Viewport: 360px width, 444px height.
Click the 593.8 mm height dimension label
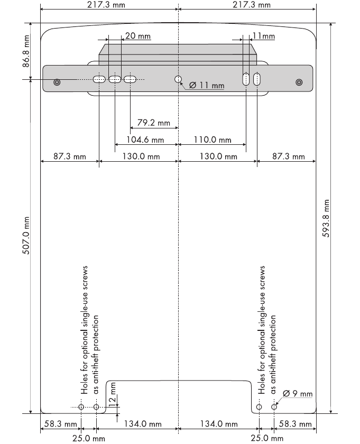pyautogui.click(x=326, y=218)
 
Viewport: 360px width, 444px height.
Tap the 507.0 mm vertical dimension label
pyautogui.click(x=26, y=236)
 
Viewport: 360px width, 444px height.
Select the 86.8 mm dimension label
pyautogui.click(x=26, y=51)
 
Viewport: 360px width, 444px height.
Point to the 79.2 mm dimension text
pyautogui.click(x=153, y=123)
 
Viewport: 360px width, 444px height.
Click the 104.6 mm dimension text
pyautogui.click(x=145, y=140)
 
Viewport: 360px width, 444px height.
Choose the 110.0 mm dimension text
pyautogui.click(x=213, y=140)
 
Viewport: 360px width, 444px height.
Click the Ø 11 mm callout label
pyautogui.click(x=207, y=85)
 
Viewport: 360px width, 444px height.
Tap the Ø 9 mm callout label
pyautogui.click(x=298, y=393)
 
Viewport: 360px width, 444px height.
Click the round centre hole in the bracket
pyautogui.click(x=178, y=79)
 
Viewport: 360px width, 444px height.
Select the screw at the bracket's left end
pyautogui.click(x=57, y=82)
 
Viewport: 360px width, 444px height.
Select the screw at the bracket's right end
pyautogui.click(x=299, y=82)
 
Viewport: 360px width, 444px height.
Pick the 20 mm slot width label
pyautogui.click(x=138, y=36)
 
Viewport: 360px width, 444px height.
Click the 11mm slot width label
pyautogui.click(x=264, y=36)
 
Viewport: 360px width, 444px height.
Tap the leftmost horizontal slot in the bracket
pyautogui.click(x=99, y=79)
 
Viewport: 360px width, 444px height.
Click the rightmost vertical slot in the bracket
pyautogui.click(x=257, y=79)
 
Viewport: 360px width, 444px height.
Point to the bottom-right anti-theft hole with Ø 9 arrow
pyautogui.click(x=274, y=407)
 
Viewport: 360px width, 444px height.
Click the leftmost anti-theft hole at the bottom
pyautogui.click(x=81, y=407)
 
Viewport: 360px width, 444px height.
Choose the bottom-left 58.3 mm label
pyautogui.click(x=61, y=424)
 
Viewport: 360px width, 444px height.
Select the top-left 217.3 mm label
pyautogui.click(x=106, y=5)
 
